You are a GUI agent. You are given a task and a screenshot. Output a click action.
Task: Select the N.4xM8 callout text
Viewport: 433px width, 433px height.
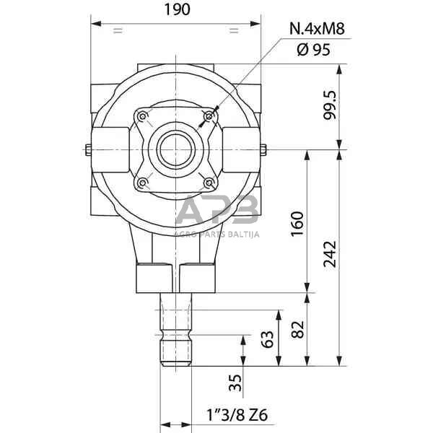tap(317, 29)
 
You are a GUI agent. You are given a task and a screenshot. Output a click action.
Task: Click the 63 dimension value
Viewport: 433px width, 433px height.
tap(267, 339)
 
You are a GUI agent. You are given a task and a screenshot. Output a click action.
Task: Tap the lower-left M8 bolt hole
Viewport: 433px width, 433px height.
tap(142, 183)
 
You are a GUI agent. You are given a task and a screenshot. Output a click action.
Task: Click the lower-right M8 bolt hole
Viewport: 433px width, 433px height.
tap(209, 183)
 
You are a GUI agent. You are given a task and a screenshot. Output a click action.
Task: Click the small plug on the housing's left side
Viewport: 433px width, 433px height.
tap(87, 150)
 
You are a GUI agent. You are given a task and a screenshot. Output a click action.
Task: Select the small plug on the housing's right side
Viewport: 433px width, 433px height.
tap(264, 150)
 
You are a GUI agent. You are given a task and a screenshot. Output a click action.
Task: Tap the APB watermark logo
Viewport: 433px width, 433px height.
tap(217, 211)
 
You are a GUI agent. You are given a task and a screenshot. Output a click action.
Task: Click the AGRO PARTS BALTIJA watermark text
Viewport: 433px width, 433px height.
tap(217, 232)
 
